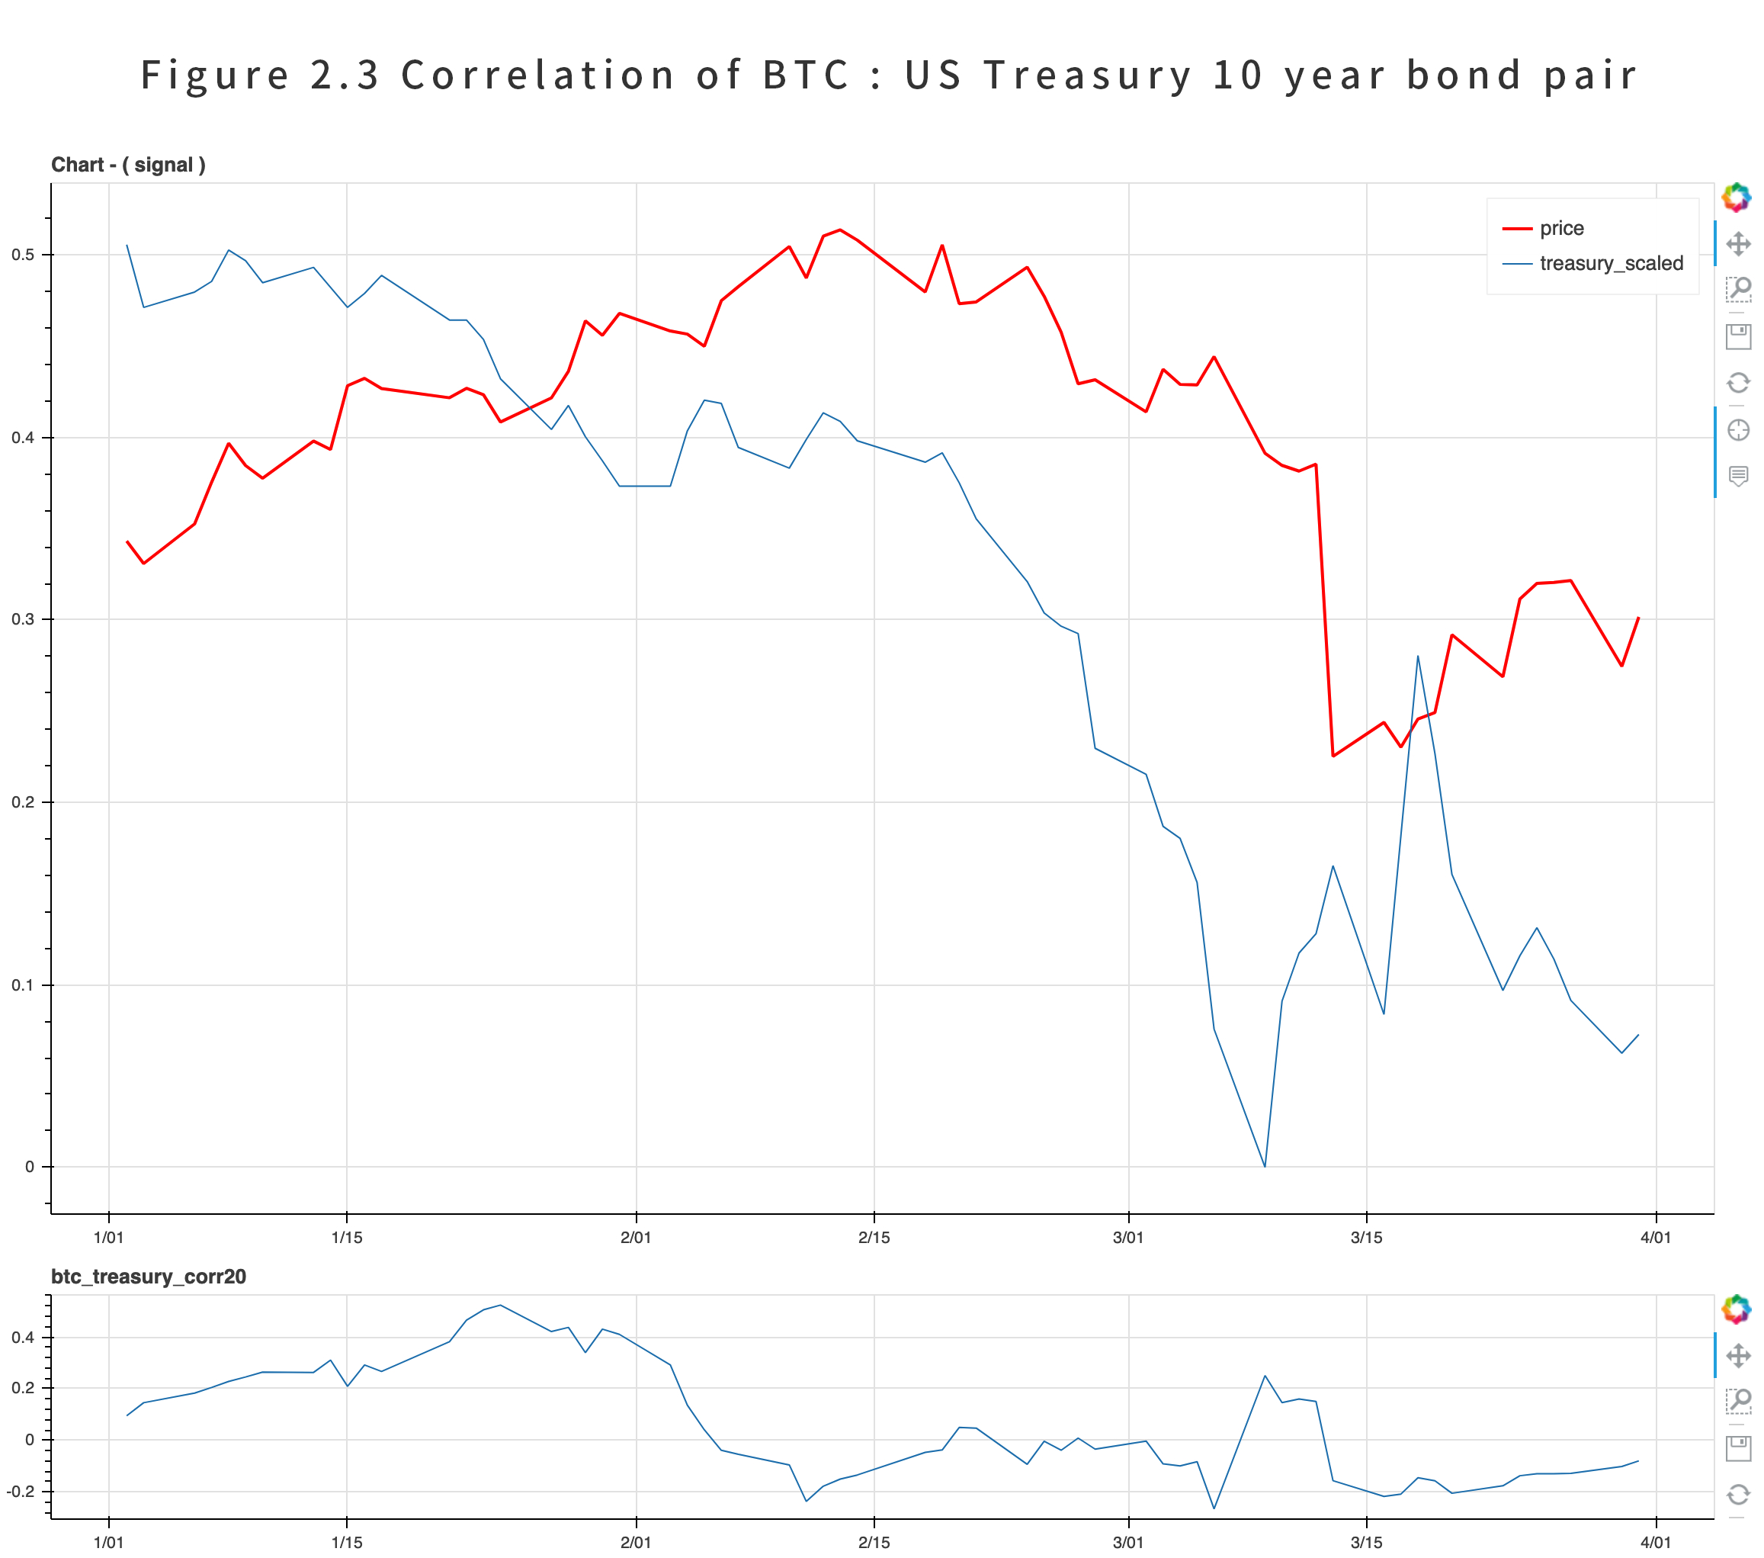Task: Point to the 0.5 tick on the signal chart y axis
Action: point(24,255)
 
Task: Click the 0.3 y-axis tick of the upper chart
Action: point(24,619)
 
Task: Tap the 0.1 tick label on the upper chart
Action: point(24,985)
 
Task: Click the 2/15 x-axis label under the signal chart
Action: point(874,1237)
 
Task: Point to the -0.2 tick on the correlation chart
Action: point(21,1491)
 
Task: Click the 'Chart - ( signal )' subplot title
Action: point(128,165)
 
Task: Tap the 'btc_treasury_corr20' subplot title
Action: point(149,1277)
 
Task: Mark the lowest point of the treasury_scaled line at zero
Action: point(1265,1166)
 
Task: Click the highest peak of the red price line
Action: point(840,230)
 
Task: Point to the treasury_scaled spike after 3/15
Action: point(1417,657)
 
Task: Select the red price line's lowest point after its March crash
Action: point(1333,755)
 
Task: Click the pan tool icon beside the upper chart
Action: point(1737,243)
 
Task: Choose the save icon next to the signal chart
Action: point(1737,336)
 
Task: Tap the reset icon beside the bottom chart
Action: point(1737,1494)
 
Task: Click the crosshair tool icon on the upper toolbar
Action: point(1737,429)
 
